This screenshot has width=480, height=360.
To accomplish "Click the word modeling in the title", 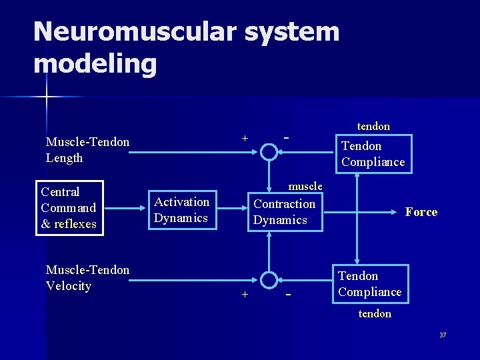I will click(95, 64).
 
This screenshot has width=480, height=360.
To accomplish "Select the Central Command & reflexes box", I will click(69, 208).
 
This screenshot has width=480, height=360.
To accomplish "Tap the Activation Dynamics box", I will click(182, 210).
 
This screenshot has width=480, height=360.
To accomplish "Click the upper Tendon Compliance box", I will click(373, 154).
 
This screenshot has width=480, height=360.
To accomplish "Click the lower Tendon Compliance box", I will click(370, 284).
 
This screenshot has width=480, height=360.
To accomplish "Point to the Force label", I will click(421, 212).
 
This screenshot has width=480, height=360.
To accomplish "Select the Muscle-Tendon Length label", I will click(87, 149).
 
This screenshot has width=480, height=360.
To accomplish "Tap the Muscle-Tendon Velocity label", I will click(87, 278).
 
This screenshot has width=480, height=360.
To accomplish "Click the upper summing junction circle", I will click(269, 152).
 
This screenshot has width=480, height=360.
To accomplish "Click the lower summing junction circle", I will click(269, 281).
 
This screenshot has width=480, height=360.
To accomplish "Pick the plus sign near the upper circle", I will click(245, 138).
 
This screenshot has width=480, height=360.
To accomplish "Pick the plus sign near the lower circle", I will click(245, 295).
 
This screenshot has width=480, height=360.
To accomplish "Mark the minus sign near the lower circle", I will click(288, 294).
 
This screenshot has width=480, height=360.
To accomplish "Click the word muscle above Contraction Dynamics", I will click(305, 186).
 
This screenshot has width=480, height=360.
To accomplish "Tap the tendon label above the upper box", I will click(373, 126).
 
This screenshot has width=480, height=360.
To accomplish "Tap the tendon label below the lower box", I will click(375, 313).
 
